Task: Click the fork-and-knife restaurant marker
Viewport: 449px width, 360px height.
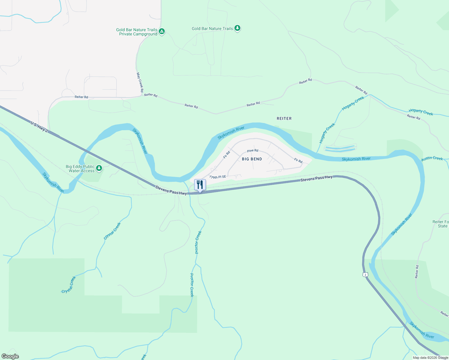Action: coord(200,185)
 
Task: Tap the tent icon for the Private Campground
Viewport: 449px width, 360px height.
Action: coord(162,31)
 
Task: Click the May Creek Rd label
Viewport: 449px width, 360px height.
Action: coord(140,82)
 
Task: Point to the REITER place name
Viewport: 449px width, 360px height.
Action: coord(284,118)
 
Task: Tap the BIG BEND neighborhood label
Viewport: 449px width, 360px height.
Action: coord(252,159)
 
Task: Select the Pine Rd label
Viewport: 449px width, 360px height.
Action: coord(252,151)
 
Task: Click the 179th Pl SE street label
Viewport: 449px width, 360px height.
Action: coord(218,177)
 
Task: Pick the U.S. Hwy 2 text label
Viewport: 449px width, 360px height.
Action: coord(39,127)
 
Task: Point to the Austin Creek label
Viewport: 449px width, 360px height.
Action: coord(432,158)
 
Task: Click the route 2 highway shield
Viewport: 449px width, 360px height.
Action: coord(365,274)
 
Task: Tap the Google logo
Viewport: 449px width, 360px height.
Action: coord(10,356)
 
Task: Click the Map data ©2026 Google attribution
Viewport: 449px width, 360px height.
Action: coord(430,358)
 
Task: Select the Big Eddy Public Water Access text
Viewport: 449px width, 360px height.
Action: coord(80,169)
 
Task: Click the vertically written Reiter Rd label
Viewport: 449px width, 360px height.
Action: coord(417,271)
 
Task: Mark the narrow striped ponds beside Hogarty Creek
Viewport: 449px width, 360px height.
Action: coord(340,148)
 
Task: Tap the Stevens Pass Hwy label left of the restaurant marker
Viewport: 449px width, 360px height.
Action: coord(171,190)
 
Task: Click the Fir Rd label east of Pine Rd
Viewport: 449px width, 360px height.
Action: coord(298,160)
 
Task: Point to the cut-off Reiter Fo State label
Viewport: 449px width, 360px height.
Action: coord(441,224)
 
